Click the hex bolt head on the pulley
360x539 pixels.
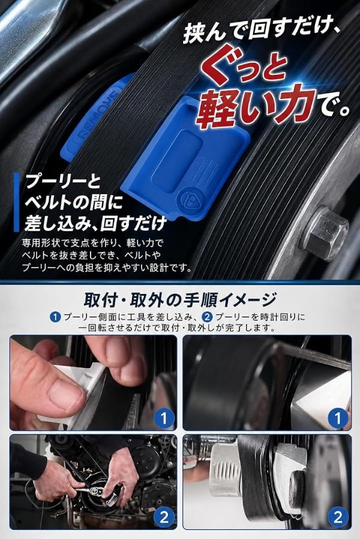[326, 233]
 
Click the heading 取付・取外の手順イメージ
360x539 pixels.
[180, 299]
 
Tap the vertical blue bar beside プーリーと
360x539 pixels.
[16, 202]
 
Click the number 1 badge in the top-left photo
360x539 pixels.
[164, 418]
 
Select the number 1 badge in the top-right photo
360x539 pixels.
[338, 418]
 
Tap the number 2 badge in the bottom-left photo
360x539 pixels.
[164, 517]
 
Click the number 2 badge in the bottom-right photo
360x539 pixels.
[338, 517]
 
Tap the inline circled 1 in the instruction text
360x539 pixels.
[55, 317]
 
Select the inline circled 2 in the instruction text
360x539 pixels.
[208, 317]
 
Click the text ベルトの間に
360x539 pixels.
[73, 203]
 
